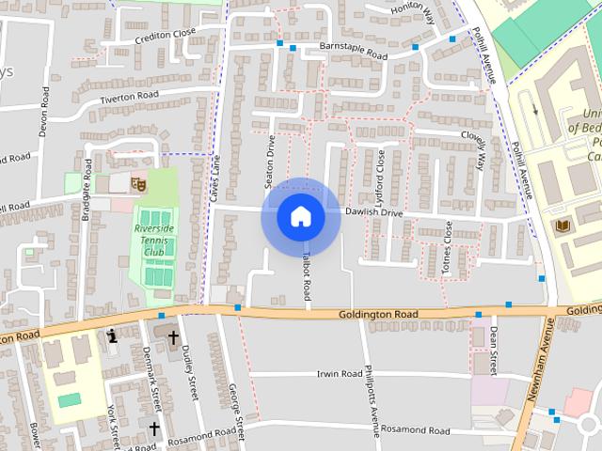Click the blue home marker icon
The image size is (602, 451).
click(300, 216)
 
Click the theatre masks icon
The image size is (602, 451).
click(137, 184)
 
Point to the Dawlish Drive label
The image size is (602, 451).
click(373, 213)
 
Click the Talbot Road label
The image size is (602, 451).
click(307, 276)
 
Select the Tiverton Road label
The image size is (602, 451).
click(129, 96)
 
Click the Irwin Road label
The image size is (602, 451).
click(339, 373)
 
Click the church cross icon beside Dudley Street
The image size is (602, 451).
click(173, 334)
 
